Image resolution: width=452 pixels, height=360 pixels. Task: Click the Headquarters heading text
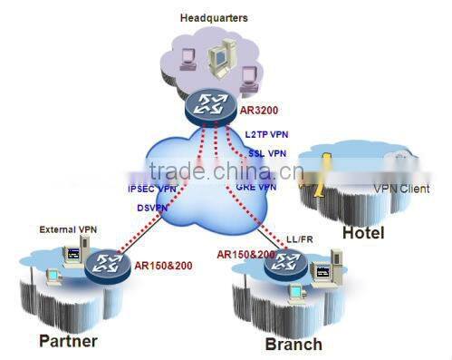tap(214, 17)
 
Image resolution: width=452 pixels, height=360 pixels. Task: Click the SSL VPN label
tap(268, 153)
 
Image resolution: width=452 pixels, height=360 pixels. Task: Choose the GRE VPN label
tap(256, 187)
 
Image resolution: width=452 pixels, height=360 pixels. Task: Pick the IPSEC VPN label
tap(152, 189)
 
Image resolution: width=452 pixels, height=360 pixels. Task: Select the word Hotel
tap(362, 233)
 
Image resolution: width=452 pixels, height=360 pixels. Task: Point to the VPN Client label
tap(400, 190)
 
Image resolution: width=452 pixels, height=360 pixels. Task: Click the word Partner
tap(69, 341)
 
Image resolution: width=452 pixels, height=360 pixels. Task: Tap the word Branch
tap(293, 345)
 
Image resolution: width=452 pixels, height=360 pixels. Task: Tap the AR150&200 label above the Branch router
tap(245, 256)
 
